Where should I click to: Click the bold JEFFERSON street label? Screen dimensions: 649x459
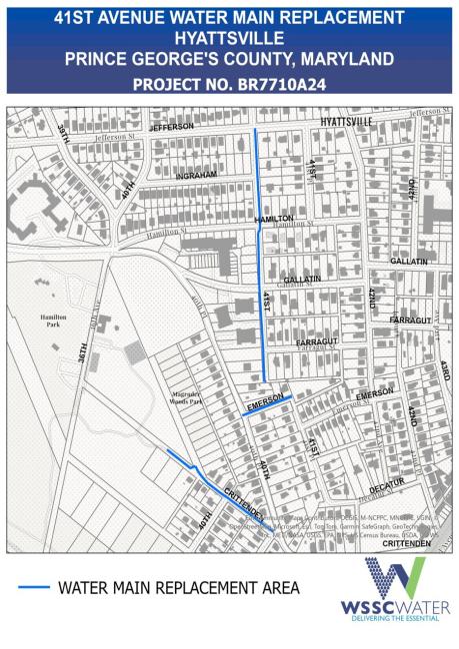point(170,128)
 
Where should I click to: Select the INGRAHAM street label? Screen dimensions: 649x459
point(196,175)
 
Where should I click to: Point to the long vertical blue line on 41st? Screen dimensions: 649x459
point(262,300)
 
